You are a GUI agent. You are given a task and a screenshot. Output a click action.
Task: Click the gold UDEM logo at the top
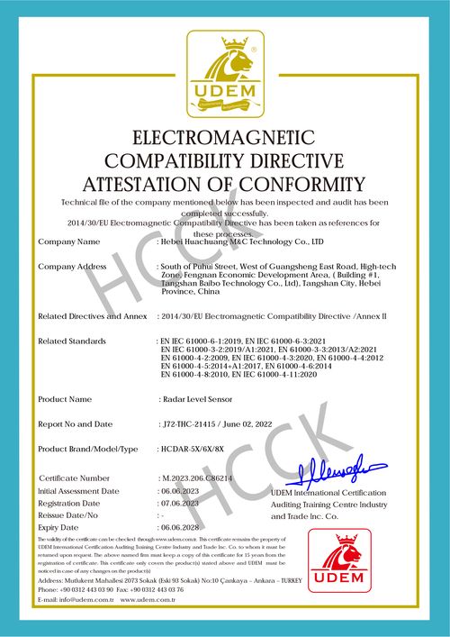224,75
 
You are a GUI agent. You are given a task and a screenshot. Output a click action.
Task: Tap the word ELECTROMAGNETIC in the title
224,138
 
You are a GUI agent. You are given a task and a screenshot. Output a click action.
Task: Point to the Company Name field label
69,242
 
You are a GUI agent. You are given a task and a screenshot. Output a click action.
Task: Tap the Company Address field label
74,267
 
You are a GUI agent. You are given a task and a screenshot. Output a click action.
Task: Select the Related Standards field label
72,341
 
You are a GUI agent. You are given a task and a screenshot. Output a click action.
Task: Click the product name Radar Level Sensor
197,398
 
